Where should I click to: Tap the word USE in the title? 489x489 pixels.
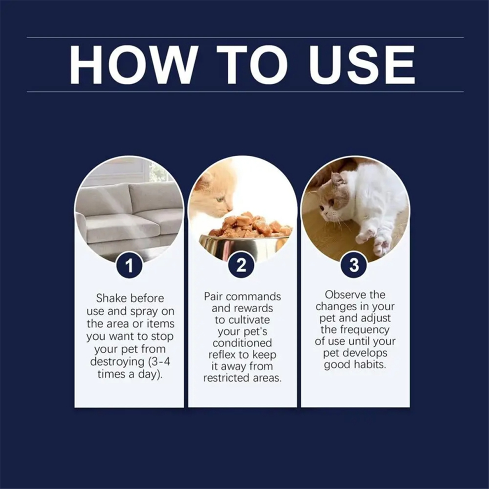(362, 65)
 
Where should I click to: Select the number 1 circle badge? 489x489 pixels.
(129, 265)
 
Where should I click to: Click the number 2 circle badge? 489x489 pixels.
(242, 265)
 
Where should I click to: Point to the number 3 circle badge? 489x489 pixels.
(354, 265)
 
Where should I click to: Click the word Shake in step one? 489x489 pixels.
(111, 298)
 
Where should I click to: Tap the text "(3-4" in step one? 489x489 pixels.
(159, 362)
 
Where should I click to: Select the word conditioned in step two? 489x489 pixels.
(243, 343)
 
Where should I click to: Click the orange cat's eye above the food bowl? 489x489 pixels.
(221, 199)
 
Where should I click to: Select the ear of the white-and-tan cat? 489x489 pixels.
(337, 180)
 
